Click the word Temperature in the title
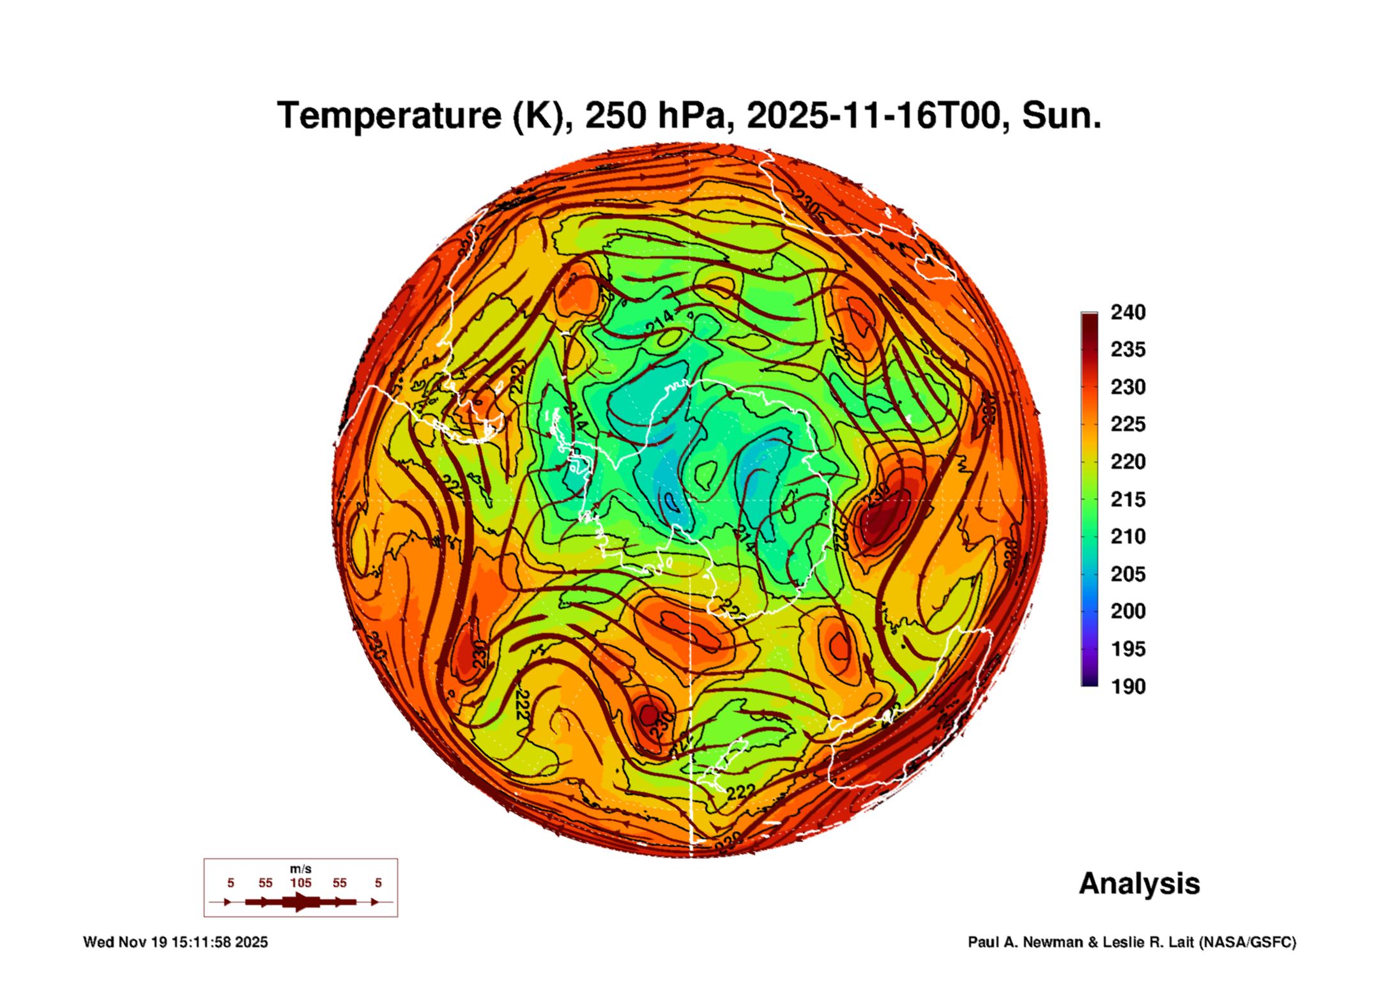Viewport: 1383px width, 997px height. (x=389, y=116)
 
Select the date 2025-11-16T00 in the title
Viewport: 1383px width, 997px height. (x=873, y=116)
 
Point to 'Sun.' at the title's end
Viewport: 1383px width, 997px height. (x=1061, y=116)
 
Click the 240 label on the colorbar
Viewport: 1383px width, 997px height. (x=1127, y=312)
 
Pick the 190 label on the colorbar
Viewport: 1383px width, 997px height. (x=1127, y=687)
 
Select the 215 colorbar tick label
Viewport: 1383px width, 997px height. (x=1127, y=499)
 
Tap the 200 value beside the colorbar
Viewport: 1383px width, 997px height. (x=1127, y=611)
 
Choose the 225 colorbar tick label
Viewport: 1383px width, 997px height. (x=1127, y=424)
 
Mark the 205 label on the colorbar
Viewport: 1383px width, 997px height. (x=1127, y=574)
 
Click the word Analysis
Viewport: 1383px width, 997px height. (x=1139, y=883)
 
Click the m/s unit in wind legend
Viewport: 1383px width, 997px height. (x=300, y=869)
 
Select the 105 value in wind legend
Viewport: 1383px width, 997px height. (x=300, y=883)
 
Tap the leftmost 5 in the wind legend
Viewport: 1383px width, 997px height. (x=231, y=883)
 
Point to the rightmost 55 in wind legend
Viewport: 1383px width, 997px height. (x=339, y=883)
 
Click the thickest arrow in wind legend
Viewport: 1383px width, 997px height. (x=300, y=902)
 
